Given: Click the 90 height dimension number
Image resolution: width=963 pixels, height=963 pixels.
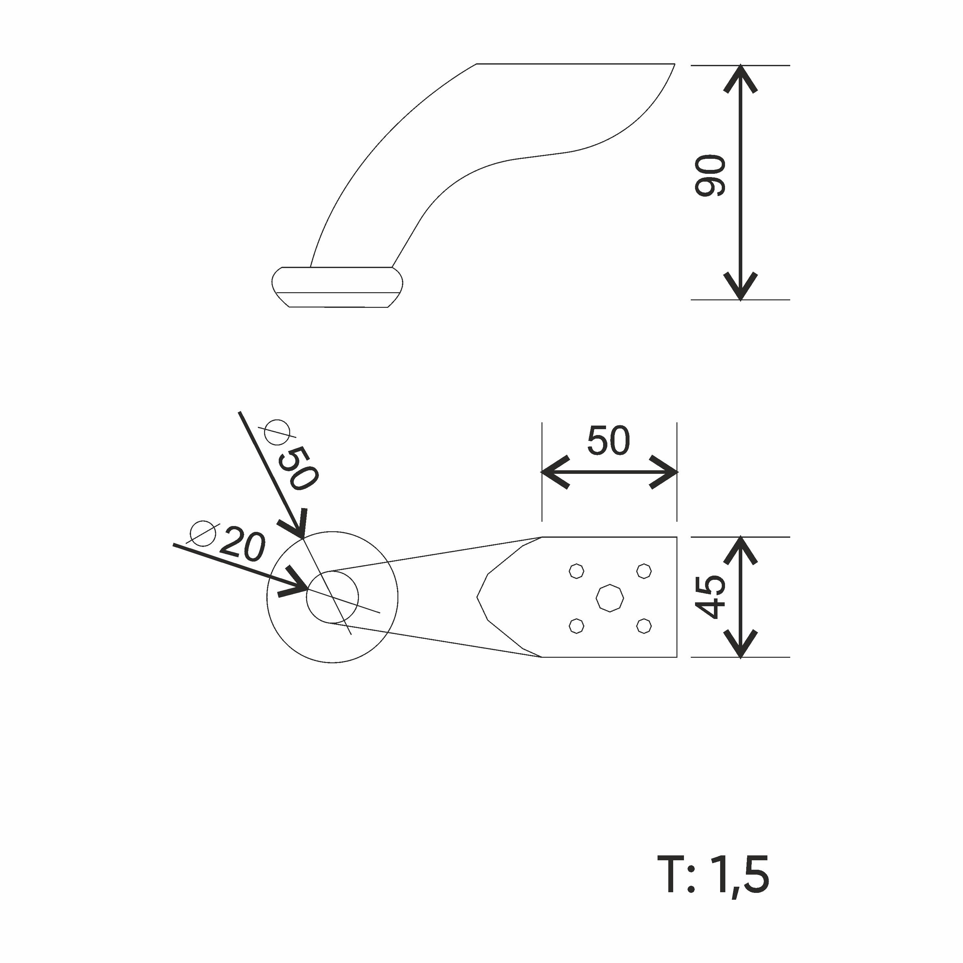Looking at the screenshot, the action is pyautogui.click(x=710, y=175).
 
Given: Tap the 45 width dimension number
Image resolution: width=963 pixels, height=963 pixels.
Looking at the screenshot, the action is pyautogui.click(x=710, y=597).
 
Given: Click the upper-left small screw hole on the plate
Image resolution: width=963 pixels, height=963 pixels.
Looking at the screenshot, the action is pyautogui.click(x=577, y=570).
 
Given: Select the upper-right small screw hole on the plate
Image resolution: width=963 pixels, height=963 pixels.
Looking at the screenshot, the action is pyautogui.click(x=644, y=570).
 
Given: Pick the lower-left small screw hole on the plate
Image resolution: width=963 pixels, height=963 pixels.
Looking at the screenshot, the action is pyautogui.click(x=577, y=626).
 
